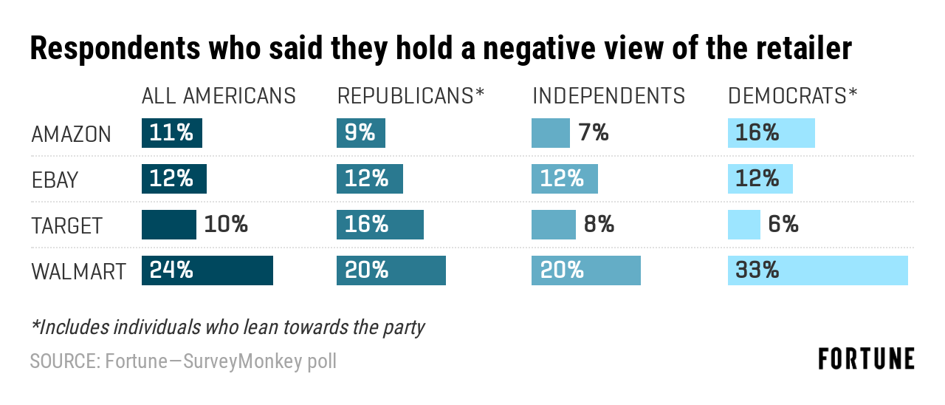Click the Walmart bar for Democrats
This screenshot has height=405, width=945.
[817, 270]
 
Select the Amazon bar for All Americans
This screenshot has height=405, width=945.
[171, 133]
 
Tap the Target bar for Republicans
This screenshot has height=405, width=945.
[379, 225]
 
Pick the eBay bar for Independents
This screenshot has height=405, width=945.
[564, 179]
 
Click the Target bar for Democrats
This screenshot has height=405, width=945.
[743, 225]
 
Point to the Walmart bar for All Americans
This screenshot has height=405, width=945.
[207, 270]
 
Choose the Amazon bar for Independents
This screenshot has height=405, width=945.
[550, 133]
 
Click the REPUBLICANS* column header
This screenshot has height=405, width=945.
[410, 96]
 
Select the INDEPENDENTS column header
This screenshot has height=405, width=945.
[608, 96]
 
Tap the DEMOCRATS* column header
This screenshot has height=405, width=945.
[792, 96]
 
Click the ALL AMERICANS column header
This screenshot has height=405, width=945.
[219, 96]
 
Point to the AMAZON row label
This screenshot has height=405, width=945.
[71, 135]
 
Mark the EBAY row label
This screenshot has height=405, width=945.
[55, 180]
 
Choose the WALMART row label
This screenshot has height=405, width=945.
[78, 271]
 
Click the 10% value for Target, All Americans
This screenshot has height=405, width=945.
[226, 225]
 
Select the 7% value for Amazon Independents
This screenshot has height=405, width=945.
[593, 133]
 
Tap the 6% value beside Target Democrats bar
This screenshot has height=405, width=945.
[783, 225]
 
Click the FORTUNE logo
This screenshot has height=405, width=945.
[866, 359]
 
